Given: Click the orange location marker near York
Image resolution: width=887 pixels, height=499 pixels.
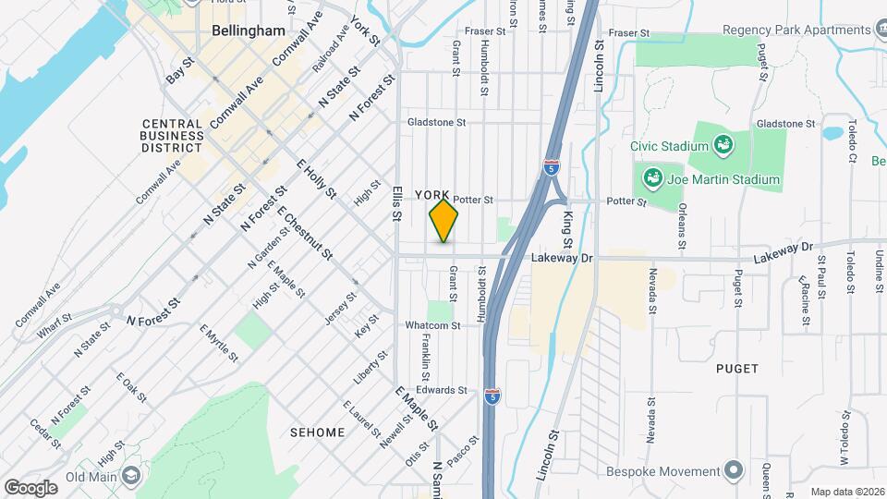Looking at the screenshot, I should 444,221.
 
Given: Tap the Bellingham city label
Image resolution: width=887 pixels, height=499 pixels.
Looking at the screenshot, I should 248,30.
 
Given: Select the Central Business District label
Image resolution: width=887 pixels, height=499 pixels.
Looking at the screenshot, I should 172,136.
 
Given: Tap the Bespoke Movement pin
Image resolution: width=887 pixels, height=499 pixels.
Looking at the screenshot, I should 735,470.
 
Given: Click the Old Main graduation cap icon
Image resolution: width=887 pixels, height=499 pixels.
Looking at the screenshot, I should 131,475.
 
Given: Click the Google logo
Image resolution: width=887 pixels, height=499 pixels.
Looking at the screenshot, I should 30,487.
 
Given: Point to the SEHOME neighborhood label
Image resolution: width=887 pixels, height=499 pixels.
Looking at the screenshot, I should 317,432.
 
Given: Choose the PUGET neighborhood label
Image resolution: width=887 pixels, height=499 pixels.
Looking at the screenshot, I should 737,369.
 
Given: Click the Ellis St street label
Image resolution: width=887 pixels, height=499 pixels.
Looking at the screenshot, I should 395,203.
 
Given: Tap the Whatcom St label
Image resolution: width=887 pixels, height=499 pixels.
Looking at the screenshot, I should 431,325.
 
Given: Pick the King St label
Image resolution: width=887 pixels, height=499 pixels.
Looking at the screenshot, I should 568,228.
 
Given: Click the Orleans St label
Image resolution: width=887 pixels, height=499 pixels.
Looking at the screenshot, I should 681,226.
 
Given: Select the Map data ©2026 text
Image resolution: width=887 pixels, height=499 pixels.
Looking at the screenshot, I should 846,491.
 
